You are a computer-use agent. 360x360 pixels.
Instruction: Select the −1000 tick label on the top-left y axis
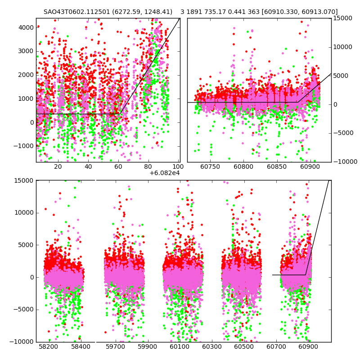click(x=23, y=146)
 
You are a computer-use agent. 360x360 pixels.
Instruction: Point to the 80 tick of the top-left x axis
click(x=148, y=166)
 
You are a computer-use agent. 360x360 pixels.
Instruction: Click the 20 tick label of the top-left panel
click(x=58, y=166)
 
